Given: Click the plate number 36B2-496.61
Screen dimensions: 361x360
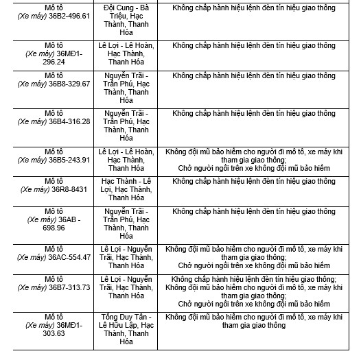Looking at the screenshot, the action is tap(68, 15).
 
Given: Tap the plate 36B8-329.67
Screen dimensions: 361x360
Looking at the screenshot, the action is tap(68, 83).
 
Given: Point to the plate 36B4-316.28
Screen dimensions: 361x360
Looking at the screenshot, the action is tap(68, 121).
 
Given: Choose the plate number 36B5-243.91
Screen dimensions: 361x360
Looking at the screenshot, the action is tap(68, 160).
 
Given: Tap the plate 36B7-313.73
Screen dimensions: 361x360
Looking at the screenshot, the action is tap(68, 287).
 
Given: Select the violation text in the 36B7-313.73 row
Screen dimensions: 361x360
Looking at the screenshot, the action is tap(254, 291).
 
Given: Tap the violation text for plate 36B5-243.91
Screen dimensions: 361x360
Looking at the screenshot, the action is tap(254, 160).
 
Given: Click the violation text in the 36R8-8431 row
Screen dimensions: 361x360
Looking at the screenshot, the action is tap(254, 182).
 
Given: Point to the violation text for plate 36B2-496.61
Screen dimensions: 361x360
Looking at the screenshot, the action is tap(254, 7).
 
